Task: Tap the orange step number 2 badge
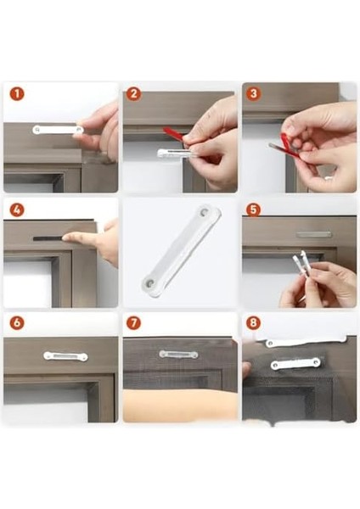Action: [x=133, y=94]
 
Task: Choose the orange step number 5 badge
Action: [x=252, y=208]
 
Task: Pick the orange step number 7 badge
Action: [x=133, y=323]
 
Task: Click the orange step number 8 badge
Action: [x=252, y=323]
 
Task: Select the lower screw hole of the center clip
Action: [x=150, y=277]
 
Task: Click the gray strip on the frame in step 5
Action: [x=314, y=234]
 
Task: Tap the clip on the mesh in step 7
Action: [x=178, y=354]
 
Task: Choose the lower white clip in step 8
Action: [x=295, y=364]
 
